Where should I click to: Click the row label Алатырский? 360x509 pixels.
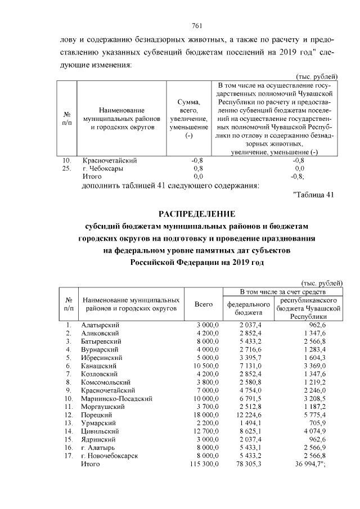pos(101,325)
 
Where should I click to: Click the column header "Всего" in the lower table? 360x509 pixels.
pos(203,304)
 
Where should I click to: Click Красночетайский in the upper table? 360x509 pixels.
pos(110,160)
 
